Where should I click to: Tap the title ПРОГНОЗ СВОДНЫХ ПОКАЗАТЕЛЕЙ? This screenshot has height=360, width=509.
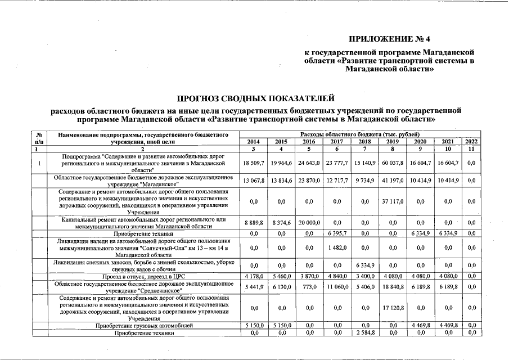[x=256, y=99]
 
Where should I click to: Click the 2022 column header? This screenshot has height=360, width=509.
[x=472, y=141]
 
